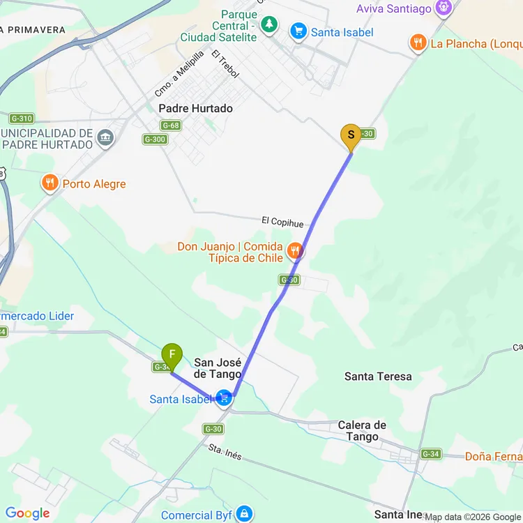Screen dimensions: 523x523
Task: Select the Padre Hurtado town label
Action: (x=195, y=109)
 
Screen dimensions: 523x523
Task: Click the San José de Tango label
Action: (x=218, y=367)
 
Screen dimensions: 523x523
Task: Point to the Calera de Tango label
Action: (x=362, y=431)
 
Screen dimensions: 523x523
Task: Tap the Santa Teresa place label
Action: (x=378, y=377)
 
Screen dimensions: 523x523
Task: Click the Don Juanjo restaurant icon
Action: (x=295, y=250)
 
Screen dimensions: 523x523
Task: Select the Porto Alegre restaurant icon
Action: (x=49, y=183)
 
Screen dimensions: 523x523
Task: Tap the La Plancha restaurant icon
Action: (x=418, y=43)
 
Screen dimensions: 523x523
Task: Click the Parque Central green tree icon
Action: (x=269, y=25)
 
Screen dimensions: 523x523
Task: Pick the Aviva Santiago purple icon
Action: (x=442, y=8)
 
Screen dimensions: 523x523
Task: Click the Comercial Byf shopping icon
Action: (x=243, y=515)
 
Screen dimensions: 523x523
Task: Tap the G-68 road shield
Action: (x=170, y=126)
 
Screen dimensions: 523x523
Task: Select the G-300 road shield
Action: (x=154, y=139)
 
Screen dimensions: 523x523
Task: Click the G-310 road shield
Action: (x=22, y=118)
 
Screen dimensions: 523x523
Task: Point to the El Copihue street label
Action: (x=282, y=222)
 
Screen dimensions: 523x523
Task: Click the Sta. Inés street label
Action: (x=225, y=453)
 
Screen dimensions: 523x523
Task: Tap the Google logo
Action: (x=28, y=514)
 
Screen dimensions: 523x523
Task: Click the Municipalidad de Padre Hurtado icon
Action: (x=105, y=136)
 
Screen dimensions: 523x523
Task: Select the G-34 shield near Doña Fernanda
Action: (x=430, y=454)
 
